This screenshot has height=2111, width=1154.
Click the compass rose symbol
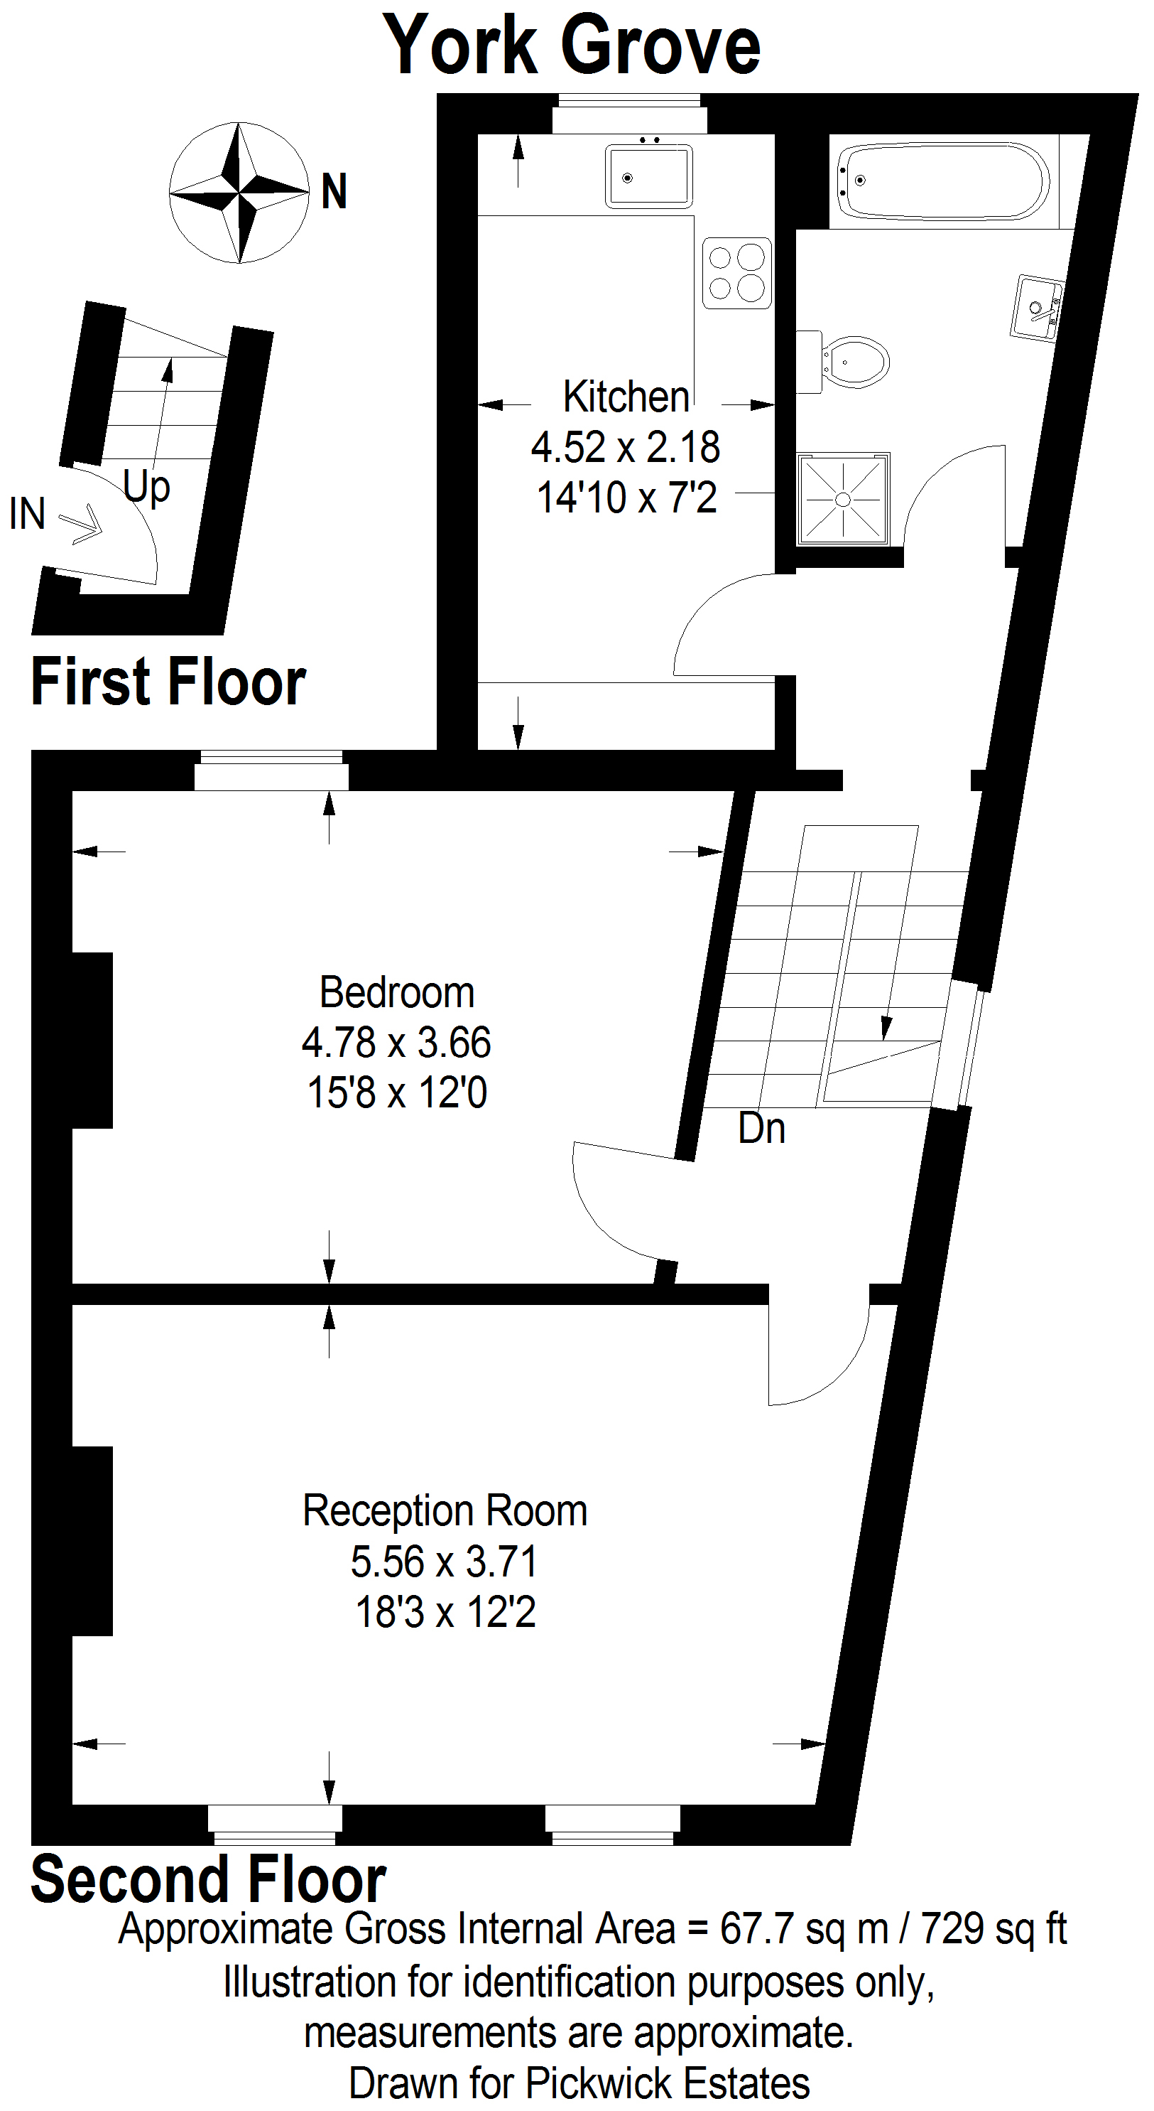pyautogui.click(x=239, y=193)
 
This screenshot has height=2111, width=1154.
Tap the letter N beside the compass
pyautogui.click(x=334, y=192)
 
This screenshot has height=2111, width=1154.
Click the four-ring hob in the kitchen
pyautogui.click(x=737, y=274)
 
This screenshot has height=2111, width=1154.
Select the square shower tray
pyautogui.click(x=844, y=499)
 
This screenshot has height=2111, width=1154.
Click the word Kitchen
pyautogui.click(x=626, y=397)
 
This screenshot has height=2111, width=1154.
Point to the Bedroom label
pyautogui.click(x=397, y=992)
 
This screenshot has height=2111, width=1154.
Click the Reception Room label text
pyautogui.click(x=445, y=1510)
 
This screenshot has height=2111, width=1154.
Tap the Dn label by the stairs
pyautogui.click(x=762, y=1129)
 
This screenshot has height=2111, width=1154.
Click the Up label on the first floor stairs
pyautogui.click(x=146, y=488)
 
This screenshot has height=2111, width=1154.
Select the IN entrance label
pyautogui.click(x=27, y=514)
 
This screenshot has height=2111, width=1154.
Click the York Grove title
pyautogui.click(x=572, y=46)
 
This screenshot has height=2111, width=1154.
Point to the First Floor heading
pyautogui.click(x=169, y=682)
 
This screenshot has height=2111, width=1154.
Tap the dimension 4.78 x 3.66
pyautogui.click(x=396, y=1043)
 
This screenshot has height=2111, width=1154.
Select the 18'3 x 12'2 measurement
pyautogui.click(x=445, y=1613)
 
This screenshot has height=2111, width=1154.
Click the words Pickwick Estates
pyautogui.click(x=668, y=2083)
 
